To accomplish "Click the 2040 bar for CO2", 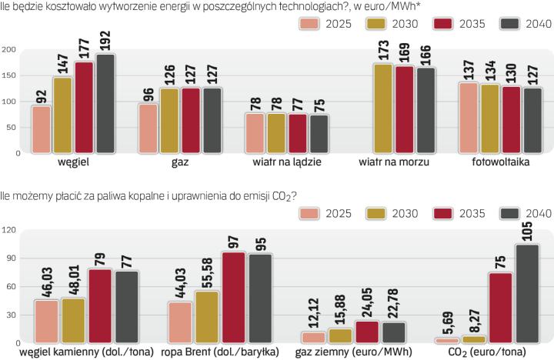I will (x=527, y=293).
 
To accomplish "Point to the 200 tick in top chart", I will (x=9, y=50).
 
